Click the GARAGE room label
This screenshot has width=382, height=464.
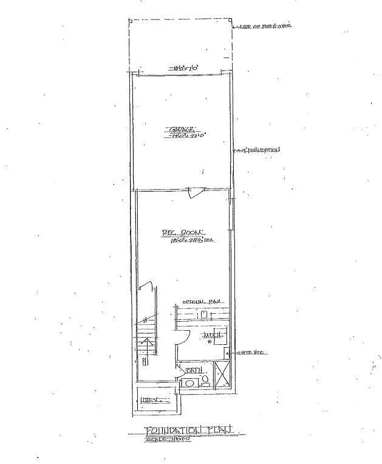click(182, 129)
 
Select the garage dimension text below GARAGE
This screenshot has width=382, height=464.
click(182, 137)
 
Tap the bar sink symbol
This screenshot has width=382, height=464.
click(205, 314)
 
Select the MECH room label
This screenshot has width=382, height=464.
click(213, 335)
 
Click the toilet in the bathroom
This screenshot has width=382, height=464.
click(205, 380)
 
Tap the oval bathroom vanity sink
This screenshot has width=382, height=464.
click(188, 384)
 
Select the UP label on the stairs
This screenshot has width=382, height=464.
click(145, 362)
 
